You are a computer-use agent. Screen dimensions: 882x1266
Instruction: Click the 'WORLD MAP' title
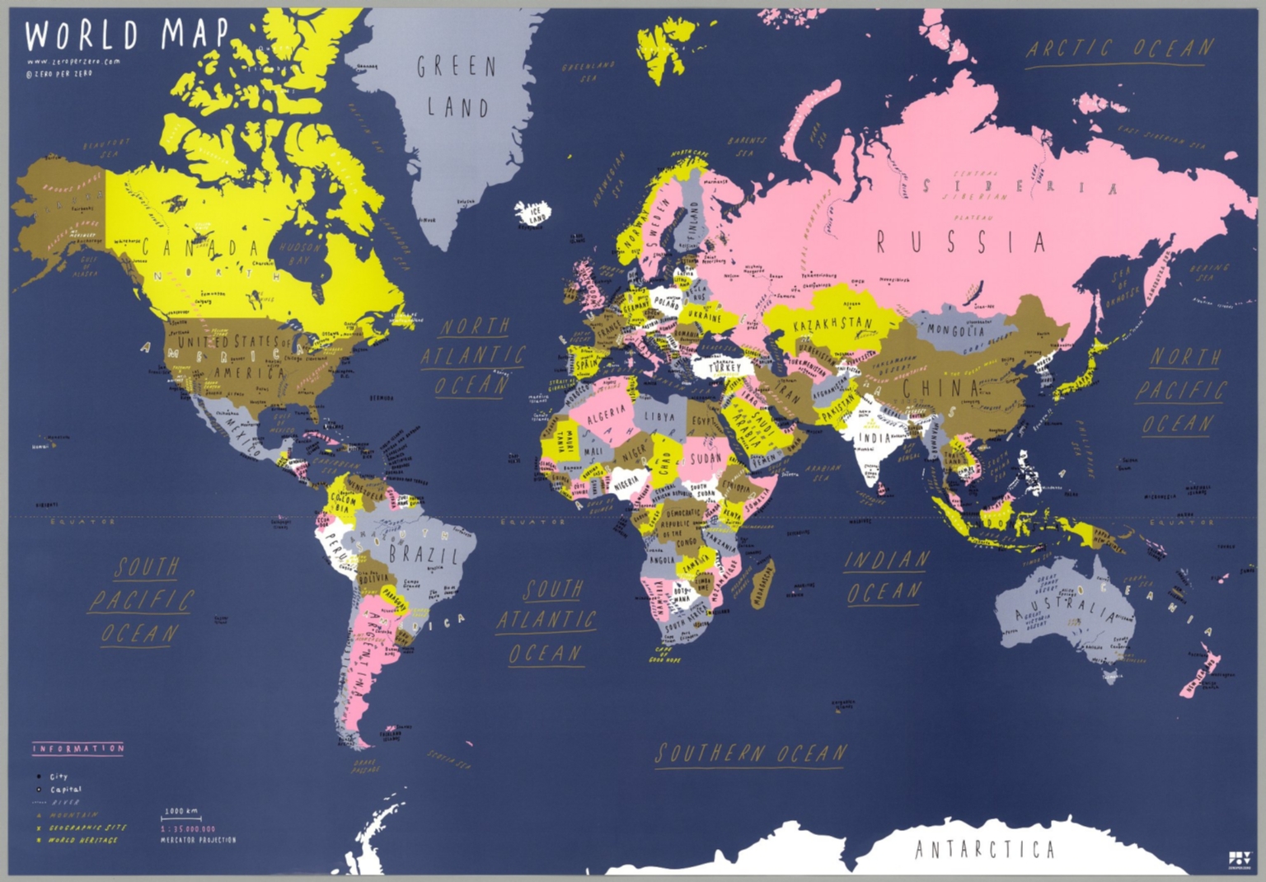point(127,35)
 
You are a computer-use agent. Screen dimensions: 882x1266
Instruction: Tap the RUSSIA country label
point(961,242)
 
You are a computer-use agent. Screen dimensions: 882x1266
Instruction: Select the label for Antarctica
point(984,849)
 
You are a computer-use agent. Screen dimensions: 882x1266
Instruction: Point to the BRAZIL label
point(423,554)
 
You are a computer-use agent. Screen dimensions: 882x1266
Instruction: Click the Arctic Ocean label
point(1120,49)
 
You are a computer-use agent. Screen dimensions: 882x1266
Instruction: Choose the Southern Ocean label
point(751,753)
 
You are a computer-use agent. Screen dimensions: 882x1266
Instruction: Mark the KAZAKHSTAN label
point(832,324)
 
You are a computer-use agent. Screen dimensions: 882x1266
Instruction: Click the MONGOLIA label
point(956,331)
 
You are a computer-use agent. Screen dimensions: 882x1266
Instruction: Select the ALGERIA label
point(605,415)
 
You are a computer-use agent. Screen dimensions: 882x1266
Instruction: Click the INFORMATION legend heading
point(78,748)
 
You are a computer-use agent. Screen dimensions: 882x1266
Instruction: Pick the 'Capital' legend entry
point(65,790)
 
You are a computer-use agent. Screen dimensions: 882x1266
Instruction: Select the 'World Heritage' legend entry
point(82,840)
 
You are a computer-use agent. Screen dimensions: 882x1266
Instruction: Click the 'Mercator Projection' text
point(198,840)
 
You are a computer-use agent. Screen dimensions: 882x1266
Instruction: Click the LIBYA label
point(659,417)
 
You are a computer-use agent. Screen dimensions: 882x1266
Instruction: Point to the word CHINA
point(940,387)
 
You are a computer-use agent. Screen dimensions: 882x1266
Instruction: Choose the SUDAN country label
point(706,457)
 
